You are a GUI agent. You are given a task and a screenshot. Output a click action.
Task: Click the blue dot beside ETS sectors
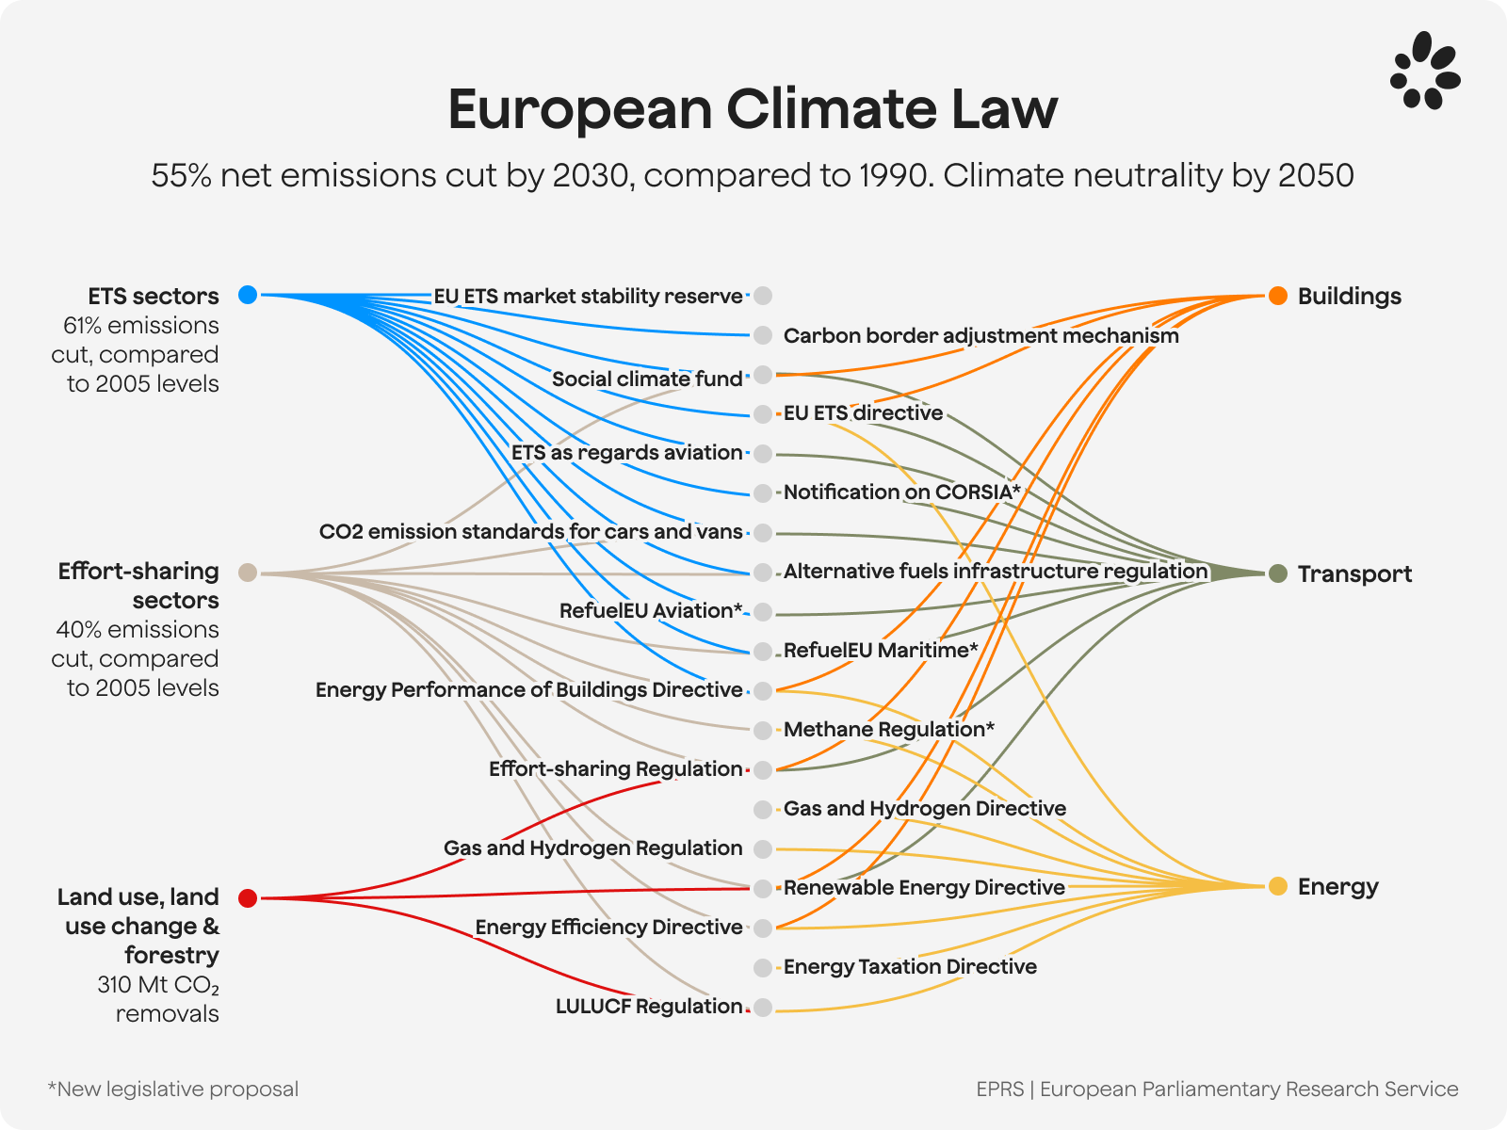pyautogui.click(x=248, y=295)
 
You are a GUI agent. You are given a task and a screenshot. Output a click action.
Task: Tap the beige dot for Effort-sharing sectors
pyautogui.click(x=248, y=573)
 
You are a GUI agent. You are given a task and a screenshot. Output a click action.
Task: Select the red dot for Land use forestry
pyautogui.click(x=248, y=897)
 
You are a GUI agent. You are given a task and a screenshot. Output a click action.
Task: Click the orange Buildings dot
pyautogui.click(x=1277, y=296)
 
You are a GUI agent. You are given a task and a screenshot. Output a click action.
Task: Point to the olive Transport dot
pyautogui.click(x=1277, y=573)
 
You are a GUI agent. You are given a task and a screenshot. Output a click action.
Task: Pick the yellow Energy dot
pyautogui.click(x=1277, y=886)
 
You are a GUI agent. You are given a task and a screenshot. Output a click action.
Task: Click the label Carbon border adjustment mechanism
pyautogui.click(x=980, y=335)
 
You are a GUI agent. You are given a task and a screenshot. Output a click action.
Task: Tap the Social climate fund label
pyautogui.click(x=647, y=379)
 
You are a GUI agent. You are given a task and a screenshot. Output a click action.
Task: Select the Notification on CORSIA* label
pyautogui.click(x=901, y=492)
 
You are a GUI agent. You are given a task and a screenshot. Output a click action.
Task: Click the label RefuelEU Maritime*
pyautogui.click(x=881, y=650)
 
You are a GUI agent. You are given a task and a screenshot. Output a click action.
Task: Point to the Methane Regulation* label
pyautogui.click(x=888, y=729)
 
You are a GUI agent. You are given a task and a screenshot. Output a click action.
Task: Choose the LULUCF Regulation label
pyautogui.click(x=649, y=1006)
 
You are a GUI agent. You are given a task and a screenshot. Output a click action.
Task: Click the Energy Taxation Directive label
pyautogui.click(x=910, y=966)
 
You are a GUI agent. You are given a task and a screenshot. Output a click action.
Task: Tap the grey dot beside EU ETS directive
pyautogui.click(x=763, y=414)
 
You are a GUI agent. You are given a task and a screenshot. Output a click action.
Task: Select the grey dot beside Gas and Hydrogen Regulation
pyautogui.click(x=763, y=849)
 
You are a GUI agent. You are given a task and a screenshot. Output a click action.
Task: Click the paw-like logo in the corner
pyautogui.click(x=1424, y=72)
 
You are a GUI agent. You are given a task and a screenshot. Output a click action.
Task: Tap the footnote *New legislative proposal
pyautogui.click(x=173, y=1089)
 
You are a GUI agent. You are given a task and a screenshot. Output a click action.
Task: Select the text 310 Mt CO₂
pyautogui.click(x=158, y=985)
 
